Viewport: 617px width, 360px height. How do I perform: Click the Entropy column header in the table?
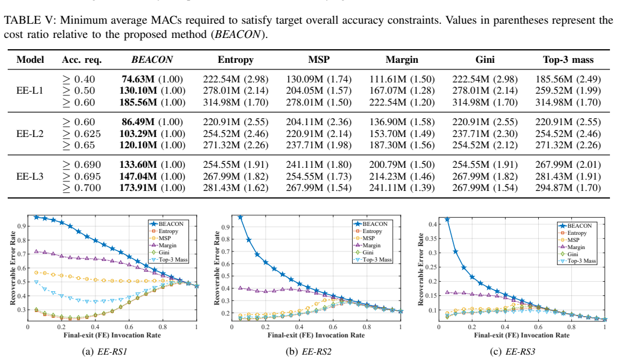coord(235,60)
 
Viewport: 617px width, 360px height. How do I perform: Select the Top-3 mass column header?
coord(568,60)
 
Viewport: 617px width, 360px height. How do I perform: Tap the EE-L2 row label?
coord(30,133)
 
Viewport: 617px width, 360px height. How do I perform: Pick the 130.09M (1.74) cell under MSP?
coord(319,79)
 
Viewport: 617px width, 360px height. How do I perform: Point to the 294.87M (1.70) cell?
coord(568,188)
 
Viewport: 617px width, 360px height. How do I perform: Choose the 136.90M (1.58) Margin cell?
coord(402,122)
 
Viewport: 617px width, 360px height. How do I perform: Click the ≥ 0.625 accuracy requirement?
coord(81,134)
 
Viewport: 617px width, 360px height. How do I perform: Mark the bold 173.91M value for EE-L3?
coord(138,188)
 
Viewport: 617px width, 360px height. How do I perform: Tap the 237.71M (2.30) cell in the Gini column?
coord(485,134)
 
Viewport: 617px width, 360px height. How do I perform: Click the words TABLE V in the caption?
coord(23,20)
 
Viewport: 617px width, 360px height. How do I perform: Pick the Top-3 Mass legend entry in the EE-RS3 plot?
coord(577,261)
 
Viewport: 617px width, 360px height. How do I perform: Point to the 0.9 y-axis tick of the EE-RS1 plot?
coord(21,227)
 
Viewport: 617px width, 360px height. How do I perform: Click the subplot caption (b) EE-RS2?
coord(308,351)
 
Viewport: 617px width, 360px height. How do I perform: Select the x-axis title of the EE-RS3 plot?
coord(522,335)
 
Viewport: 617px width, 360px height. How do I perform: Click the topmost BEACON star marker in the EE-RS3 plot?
coord(447,219)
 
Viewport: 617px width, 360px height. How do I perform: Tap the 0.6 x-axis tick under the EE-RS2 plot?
coord(333,327)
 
